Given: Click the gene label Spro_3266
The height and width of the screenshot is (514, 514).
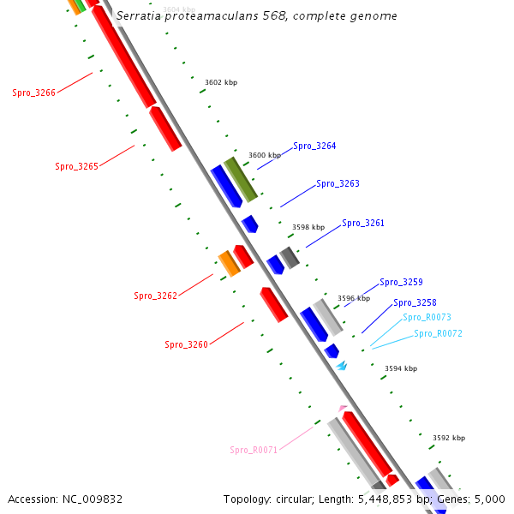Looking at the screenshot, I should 33,93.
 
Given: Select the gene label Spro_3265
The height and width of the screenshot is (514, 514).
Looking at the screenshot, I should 76,166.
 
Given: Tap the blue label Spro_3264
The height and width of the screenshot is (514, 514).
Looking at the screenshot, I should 314,146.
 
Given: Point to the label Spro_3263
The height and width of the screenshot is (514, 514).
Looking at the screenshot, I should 338,183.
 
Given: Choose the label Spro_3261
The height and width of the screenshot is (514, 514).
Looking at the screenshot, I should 363,223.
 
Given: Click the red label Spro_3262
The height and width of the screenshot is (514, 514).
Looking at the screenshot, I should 155,296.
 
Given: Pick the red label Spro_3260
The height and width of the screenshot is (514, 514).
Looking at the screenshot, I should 186,344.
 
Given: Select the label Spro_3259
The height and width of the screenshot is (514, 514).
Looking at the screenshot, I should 401,282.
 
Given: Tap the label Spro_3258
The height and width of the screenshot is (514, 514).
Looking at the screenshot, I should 415,302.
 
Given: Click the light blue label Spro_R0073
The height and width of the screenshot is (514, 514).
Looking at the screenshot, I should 427,317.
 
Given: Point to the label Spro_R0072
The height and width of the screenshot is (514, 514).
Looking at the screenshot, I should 438,333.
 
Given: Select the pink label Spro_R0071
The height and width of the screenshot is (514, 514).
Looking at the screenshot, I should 254,450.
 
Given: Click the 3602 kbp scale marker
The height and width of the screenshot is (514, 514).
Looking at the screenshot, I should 221,82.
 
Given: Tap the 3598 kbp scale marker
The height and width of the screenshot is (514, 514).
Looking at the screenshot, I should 308,227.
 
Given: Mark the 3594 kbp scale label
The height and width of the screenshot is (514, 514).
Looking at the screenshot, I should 401,368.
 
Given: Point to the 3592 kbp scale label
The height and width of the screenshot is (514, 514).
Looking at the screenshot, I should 449,438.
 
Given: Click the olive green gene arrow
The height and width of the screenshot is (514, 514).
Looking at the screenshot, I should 241,179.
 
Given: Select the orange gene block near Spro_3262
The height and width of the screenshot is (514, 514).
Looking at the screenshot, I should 229,264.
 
